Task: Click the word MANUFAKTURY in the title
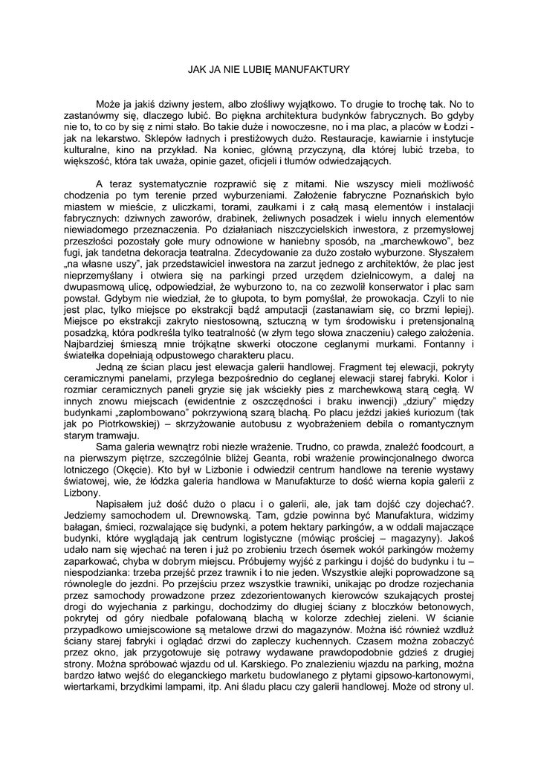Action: click(311, 70)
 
